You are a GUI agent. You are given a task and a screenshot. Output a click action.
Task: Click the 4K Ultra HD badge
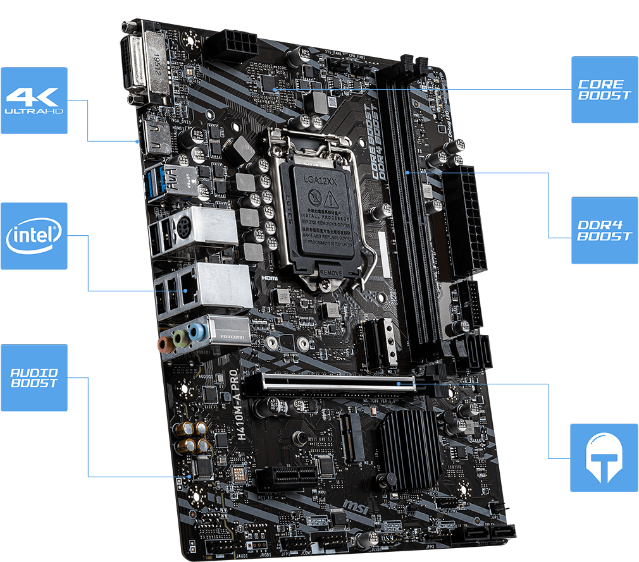coord(34,101)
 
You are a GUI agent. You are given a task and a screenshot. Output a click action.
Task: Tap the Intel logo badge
coord(34,236)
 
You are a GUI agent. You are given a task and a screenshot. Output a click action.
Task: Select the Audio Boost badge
coord(34,378)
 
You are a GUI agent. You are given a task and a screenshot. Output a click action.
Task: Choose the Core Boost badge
coord(604,90)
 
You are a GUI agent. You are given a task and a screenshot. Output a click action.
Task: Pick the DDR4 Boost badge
coord(604,231)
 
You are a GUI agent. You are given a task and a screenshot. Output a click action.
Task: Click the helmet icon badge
coord(604,458)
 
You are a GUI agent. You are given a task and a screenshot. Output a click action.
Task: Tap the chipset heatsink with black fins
coord(412,446)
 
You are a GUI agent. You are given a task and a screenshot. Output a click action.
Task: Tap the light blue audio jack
coord(199,331)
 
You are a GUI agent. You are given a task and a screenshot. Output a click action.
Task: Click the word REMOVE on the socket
coord(331,272)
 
